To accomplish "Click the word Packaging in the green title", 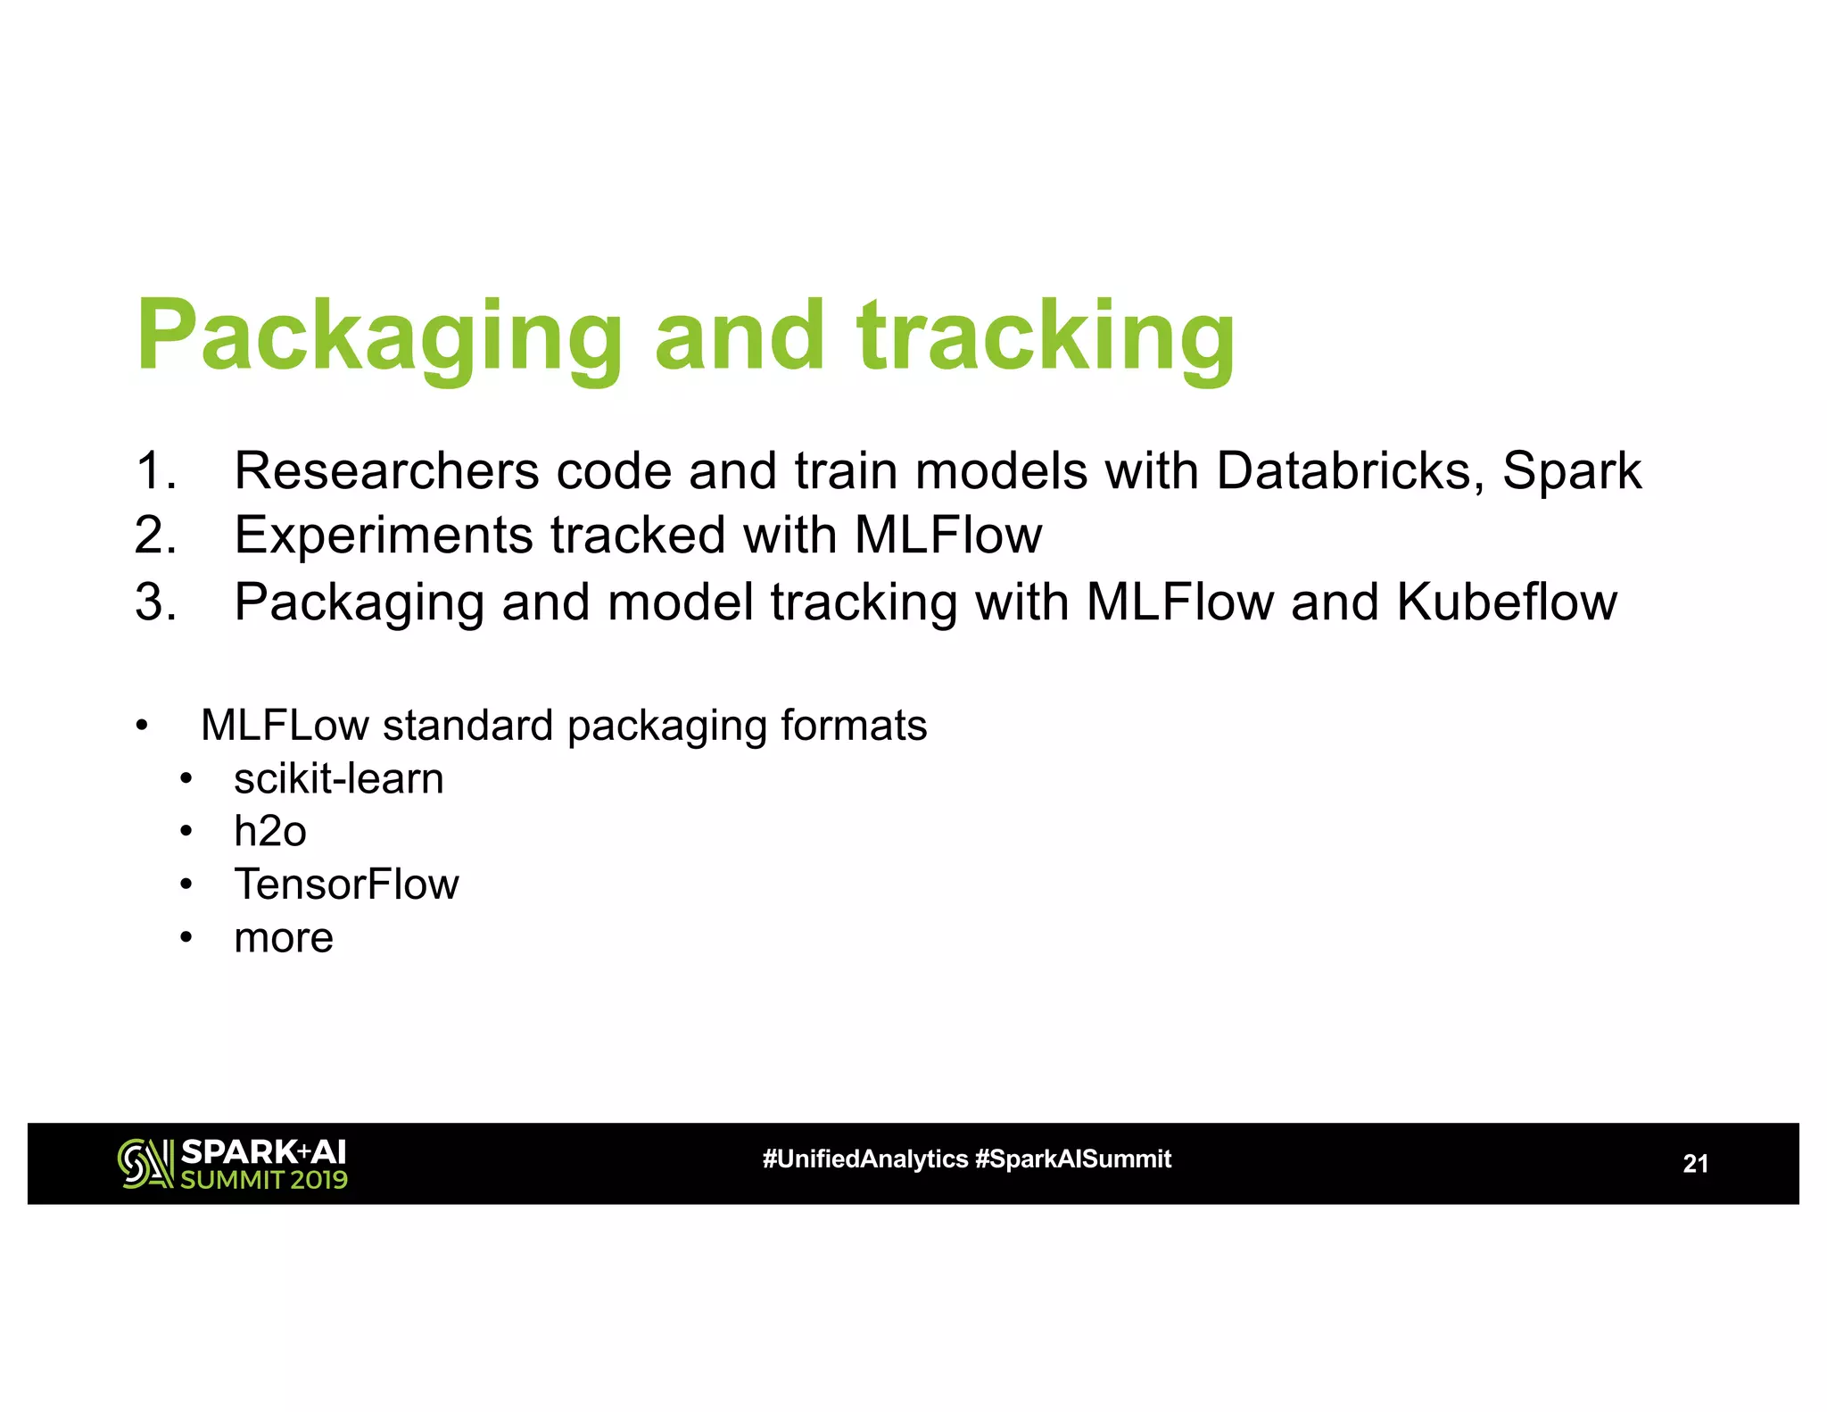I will (x=379, y=336).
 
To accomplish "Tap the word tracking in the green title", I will (x=1046, y=336).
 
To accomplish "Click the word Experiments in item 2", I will (x=384, y=536).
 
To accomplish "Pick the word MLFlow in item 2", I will (x=948, y=536).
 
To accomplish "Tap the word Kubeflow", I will (x=1507, y=602).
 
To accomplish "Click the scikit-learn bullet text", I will (x=339, y=778).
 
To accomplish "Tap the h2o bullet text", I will (x=270, y=831).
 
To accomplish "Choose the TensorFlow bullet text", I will (x=346, y=885).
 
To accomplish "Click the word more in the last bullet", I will (x=284, y=938).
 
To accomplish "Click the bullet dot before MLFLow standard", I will (x=141, y=726).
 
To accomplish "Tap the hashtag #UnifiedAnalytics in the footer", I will (x=864, y=1159).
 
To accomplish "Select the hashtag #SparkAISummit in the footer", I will (x=1073, y=1159).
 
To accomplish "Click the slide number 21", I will (x=1695, y=1164).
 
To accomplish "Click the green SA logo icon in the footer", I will (x=145, y=1164).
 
